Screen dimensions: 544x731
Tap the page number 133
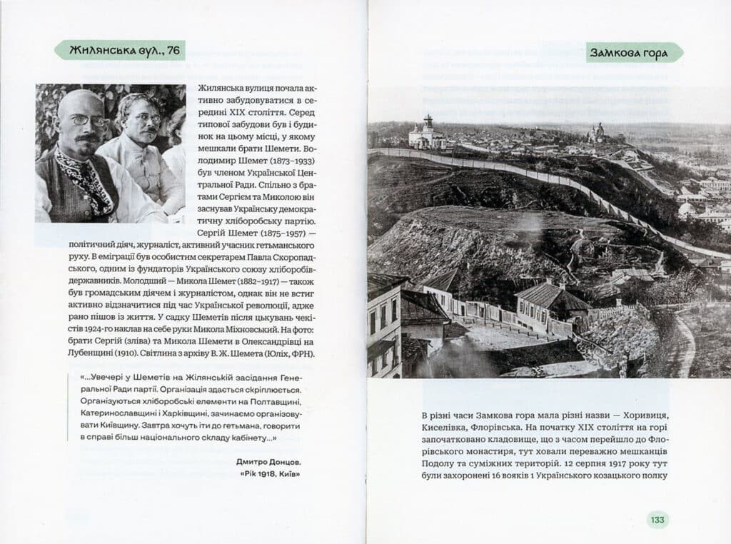[x=657, y=520]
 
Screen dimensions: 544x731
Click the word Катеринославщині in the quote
[x=118, y=413]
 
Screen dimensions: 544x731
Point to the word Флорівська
[x=500, y=430]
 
